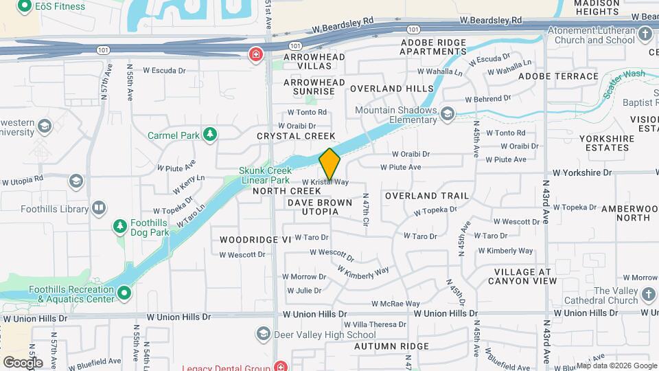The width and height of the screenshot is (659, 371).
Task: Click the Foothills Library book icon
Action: pos(100,207)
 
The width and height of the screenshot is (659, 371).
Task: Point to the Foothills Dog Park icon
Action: pos(121,226)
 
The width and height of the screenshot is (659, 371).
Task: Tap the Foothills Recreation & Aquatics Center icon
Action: pos(124,294)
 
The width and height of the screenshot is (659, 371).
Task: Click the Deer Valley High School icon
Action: pos(263,335)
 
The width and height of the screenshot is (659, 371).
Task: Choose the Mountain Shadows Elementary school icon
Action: pos(448,113)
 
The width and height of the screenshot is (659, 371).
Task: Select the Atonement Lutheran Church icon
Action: pos(645,34)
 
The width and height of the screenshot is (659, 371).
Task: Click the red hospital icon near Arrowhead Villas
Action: pos(256,54)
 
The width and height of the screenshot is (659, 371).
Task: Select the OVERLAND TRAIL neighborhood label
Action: pos(427,196)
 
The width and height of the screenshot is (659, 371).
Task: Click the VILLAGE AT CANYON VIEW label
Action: pos(522,276)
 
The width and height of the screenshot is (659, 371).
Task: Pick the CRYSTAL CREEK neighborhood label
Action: pos(297,137)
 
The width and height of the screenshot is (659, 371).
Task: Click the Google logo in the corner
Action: pos(23,362)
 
